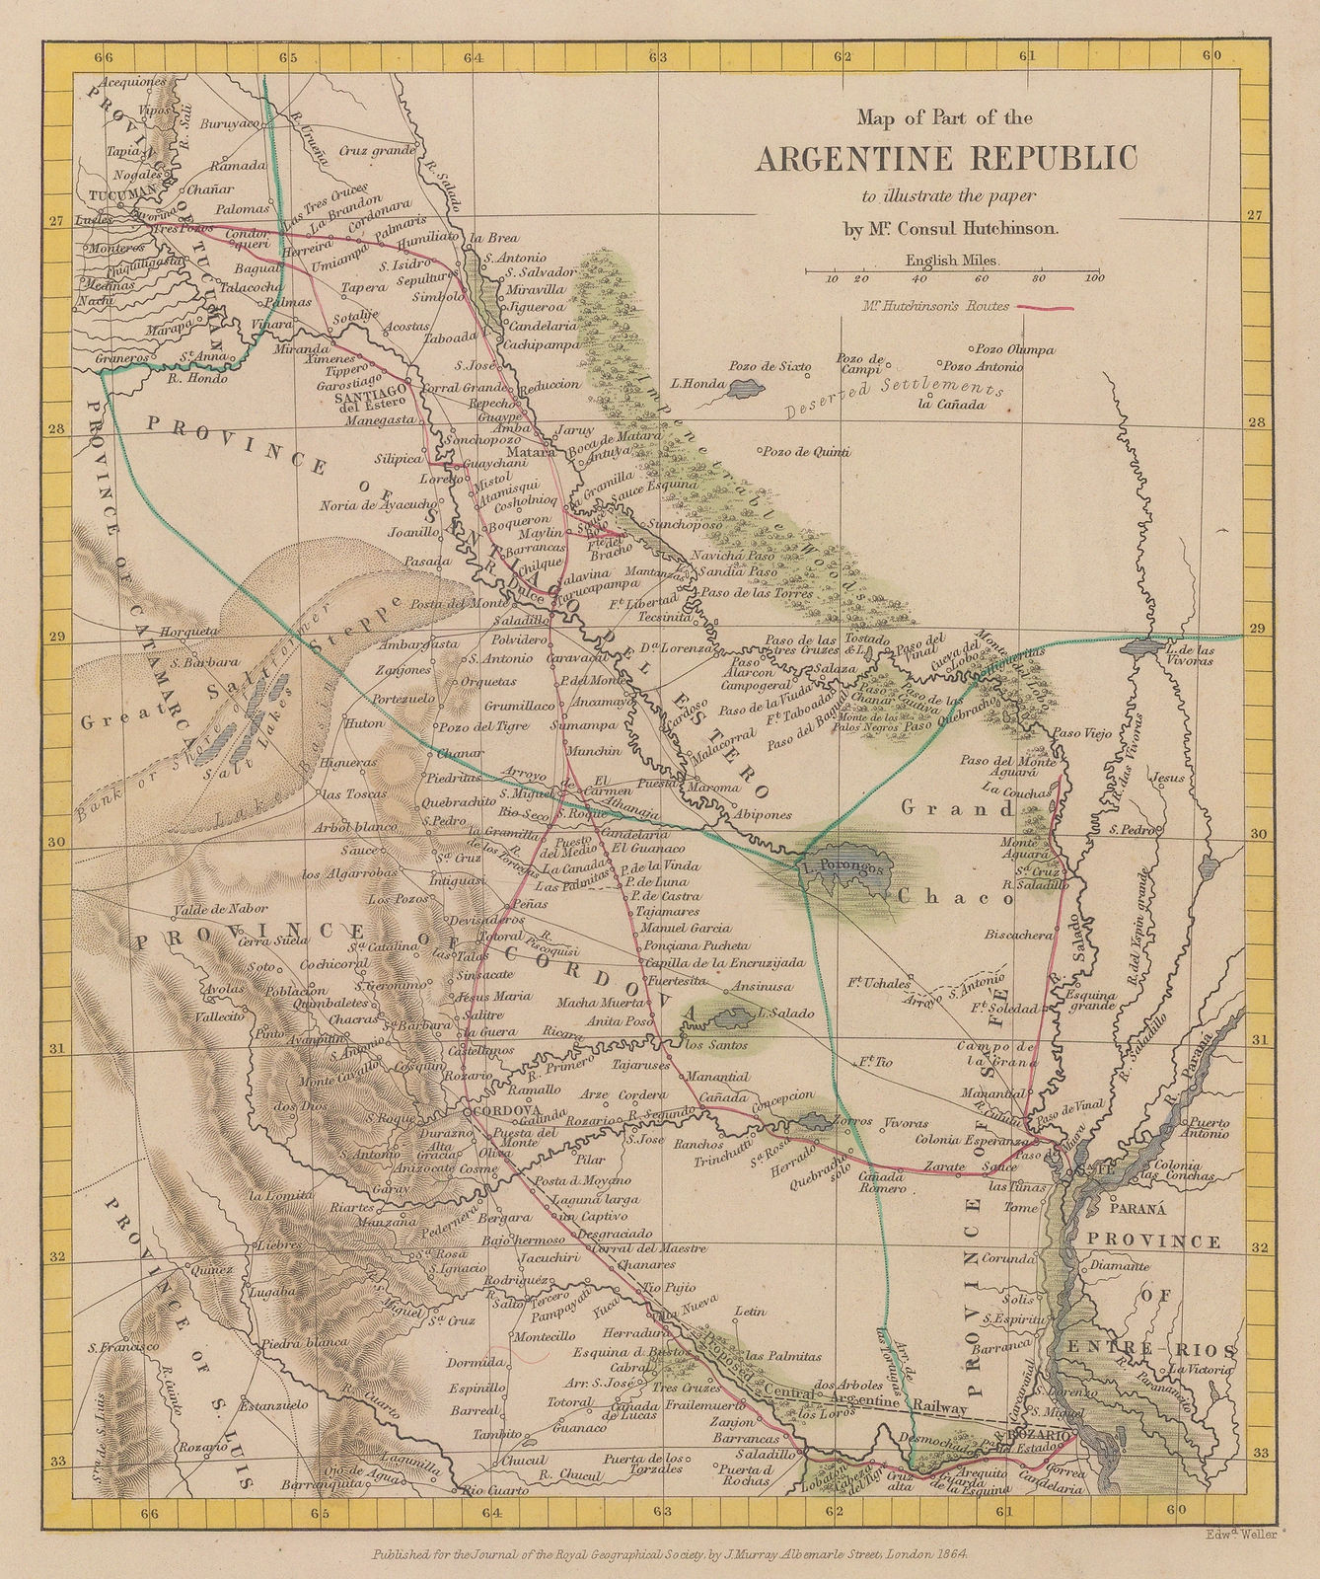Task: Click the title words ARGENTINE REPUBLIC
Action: [946, 159]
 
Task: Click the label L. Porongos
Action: [839, 867]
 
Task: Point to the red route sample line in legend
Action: [1045, 308]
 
